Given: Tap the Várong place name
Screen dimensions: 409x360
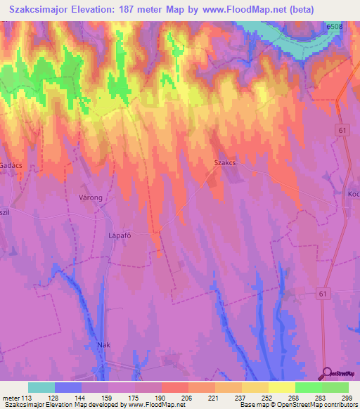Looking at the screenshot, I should (x=91, y=198).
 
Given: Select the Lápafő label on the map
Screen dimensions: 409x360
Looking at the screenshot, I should (x=120, y=236).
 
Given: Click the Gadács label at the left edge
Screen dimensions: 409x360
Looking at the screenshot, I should (x=12, y=164).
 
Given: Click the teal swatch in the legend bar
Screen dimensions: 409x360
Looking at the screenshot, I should (x=41, y=387).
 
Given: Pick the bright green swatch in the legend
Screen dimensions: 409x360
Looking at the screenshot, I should (x=309, y=387).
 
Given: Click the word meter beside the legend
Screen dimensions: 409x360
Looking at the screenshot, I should (x=12, y=398).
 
